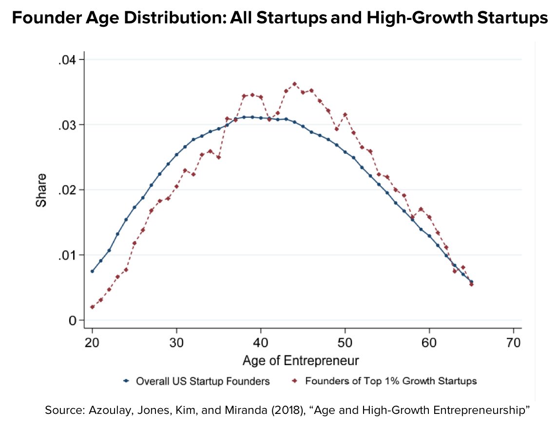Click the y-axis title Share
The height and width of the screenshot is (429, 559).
point(41,190)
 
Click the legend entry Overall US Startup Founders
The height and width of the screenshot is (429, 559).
point(203,381)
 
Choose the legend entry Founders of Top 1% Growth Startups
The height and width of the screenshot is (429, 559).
point(390,381)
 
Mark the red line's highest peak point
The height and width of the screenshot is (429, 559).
point(294,84)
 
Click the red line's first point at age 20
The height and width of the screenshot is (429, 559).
point(92,307)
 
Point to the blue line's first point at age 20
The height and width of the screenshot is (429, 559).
point(92,271)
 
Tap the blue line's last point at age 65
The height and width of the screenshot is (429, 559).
point(471,282)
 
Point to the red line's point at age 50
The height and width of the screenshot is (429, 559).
point(345,114)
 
